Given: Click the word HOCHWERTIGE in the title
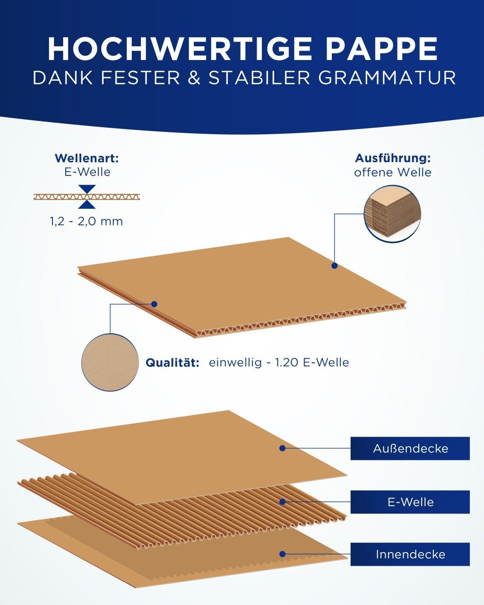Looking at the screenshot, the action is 180,49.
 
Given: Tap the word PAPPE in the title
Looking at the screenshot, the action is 381,49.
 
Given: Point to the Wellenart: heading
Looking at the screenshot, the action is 86,158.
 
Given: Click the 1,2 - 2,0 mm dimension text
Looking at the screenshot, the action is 86,222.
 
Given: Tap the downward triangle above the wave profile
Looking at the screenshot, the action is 87,189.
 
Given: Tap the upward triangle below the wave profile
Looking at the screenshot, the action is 87,205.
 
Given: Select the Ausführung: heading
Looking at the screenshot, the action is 393,158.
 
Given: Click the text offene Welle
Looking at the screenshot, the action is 393,173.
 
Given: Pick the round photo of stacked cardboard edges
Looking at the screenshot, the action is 393,214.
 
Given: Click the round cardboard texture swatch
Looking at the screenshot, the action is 110,363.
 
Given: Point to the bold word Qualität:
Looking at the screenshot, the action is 173,363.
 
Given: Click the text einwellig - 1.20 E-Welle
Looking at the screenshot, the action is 279,363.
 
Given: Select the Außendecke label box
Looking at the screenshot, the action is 410,449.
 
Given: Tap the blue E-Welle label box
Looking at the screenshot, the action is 410,502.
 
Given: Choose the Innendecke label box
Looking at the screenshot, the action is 410,554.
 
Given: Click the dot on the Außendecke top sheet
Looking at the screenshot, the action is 283,448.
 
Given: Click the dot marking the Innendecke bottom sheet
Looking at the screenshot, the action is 283,554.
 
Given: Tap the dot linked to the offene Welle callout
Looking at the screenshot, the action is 334,265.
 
